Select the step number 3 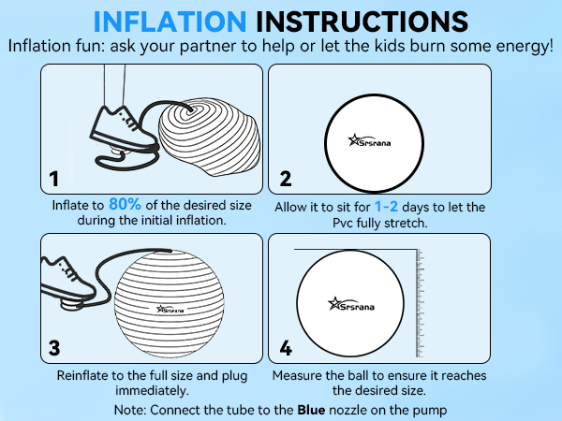click(56, 348)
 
